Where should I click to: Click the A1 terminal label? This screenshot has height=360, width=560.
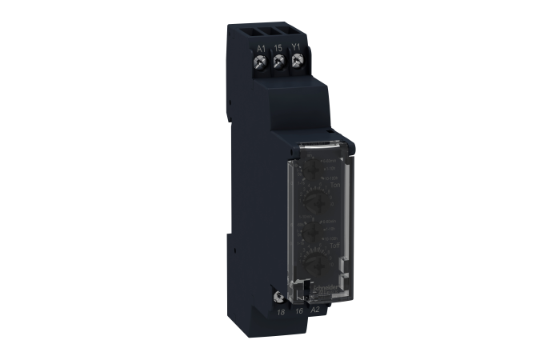point(260,48)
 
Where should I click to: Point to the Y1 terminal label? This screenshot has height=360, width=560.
point(295,48)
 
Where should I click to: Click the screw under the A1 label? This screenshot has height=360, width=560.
point(261,62)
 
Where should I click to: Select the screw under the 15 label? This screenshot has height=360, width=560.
point(278,62)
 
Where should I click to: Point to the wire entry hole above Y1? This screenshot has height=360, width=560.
point(295,30)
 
